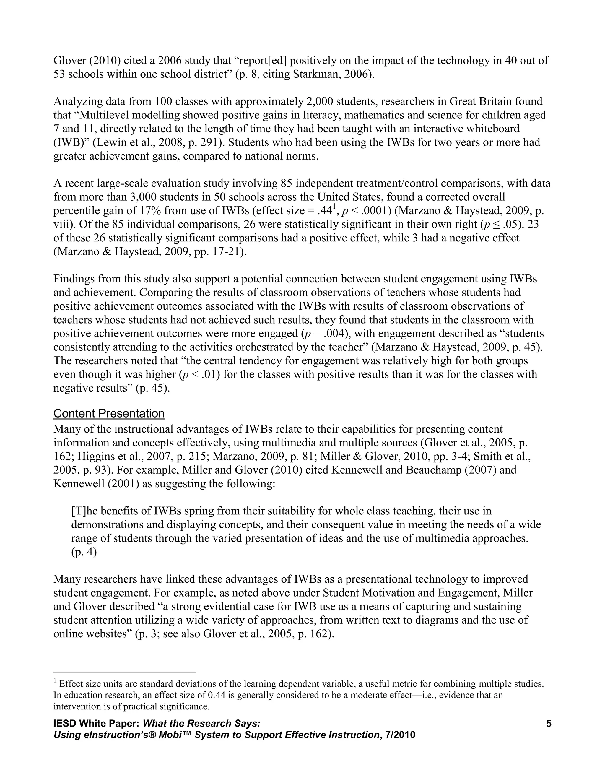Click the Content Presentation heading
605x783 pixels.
[x=109, y=413]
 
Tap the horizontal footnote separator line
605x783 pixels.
[x=124, y=672]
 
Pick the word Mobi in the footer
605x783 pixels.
[x=171, y=735]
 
